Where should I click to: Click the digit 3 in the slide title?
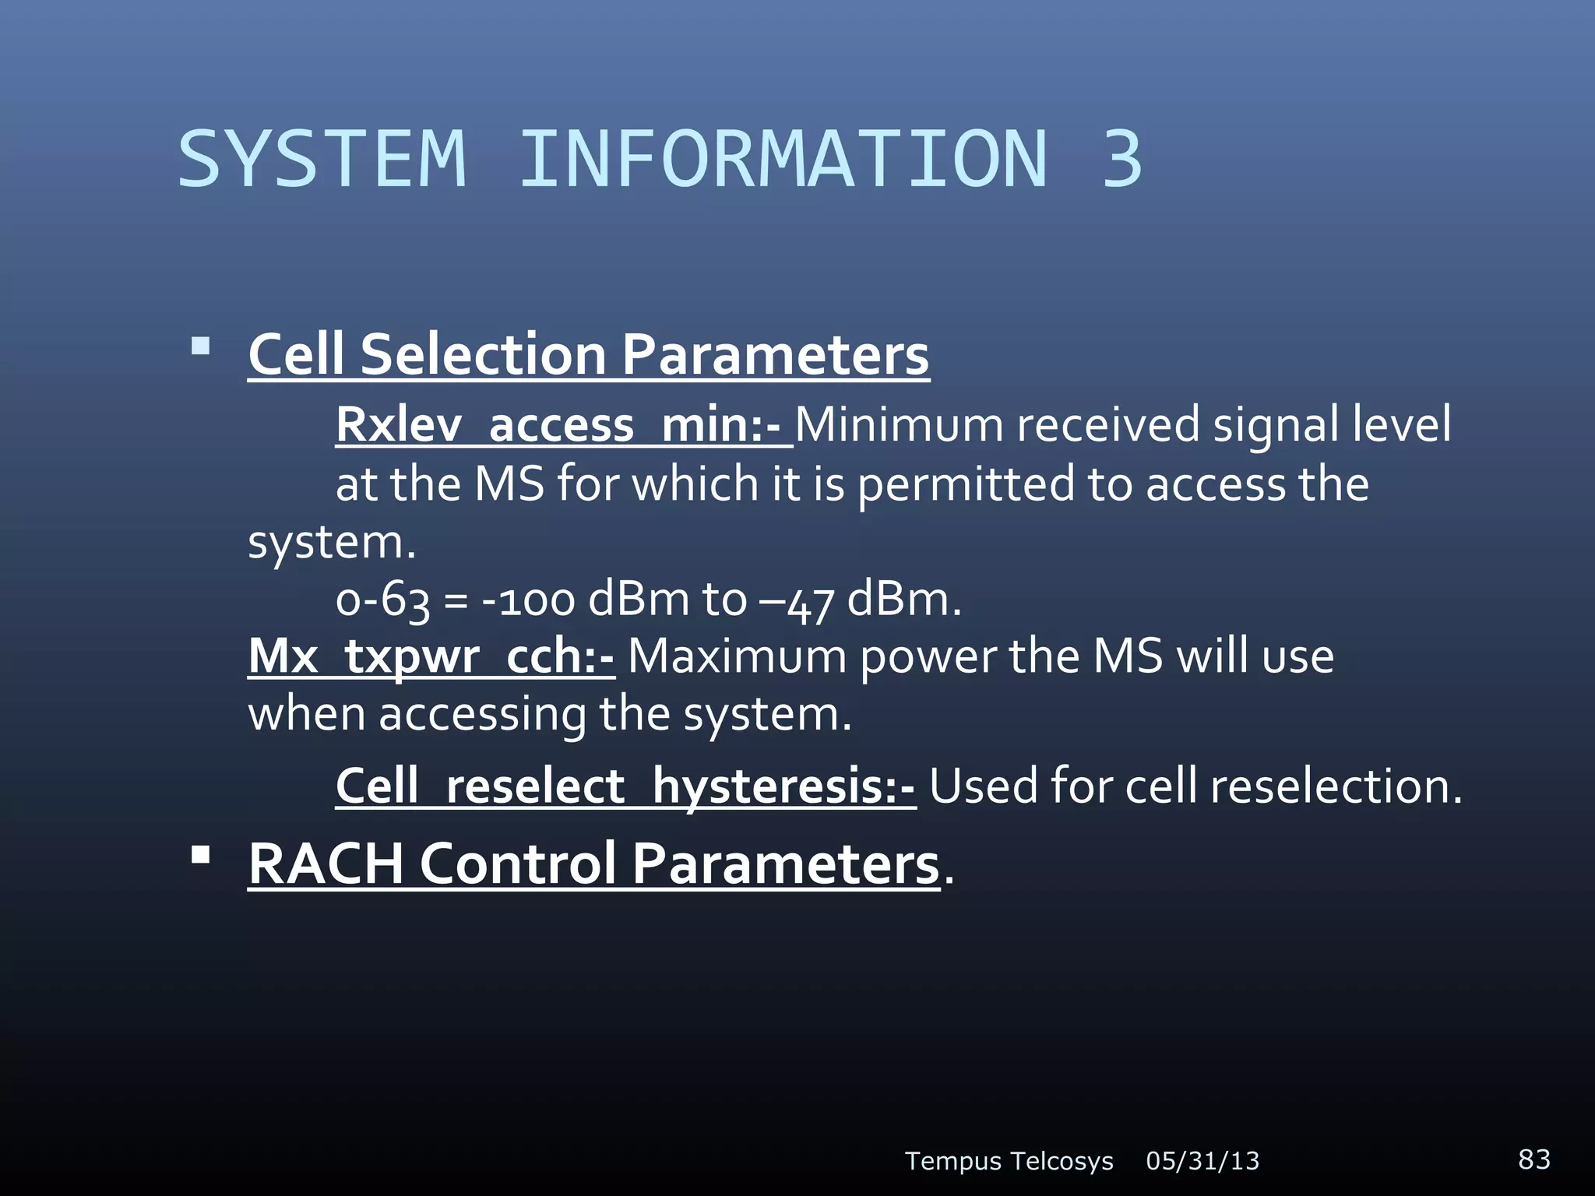pos(1121,159)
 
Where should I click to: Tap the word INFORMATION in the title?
pos(783,159)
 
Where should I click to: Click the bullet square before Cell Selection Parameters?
pos(201,346)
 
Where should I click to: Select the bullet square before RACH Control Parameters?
pos(201,855)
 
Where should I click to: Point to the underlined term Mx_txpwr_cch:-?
pos(431,656)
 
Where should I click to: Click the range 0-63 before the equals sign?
pos(382,600)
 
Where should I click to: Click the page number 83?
pos(1533,1159)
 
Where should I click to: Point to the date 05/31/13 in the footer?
pos(1202,1161)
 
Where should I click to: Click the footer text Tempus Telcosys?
pos(1009,1161)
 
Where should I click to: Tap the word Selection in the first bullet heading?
pos(483,354)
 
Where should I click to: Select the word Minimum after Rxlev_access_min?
pos(899,425)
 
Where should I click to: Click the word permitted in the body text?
pos(967,484)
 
